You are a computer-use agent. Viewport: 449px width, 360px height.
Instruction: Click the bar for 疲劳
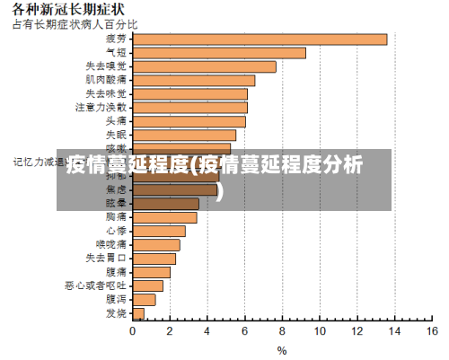pos(260,40)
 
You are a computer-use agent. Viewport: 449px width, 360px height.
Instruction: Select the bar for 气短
pos(219,53)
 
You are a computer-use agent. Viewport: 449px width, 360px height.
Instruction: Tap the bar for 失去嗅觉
pos(204,66)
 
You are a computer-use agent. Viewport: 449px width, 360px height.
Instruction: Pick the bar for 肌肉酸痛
pos(193,80)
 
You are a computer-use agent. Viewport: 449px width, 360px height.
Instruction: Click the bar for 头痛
pos(189,121)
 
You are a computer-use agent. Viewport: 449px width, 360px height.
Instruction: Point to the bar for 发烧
pos(138,313)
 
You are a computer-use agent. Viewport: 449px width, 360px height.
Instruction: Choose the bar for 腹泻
pos(144,299)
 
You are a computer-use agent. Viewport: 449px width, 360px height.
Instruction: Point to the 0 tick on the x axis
pos(133,331)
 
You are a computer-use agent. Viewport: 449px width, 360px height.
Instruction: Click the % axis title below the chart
pos(282,350)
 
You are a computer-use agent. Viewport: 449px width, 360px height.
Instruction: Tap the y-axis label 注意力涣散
pos(101,107)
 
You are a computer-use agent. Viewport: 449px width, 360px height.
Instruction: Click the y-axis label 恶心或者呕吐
pos(95,285)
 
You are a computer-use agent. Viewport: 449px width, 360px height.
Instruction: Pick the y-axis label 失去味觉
pos(106,93)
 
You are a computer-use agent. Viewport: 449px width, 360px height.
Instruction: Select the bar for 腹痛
pos(152,272)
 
